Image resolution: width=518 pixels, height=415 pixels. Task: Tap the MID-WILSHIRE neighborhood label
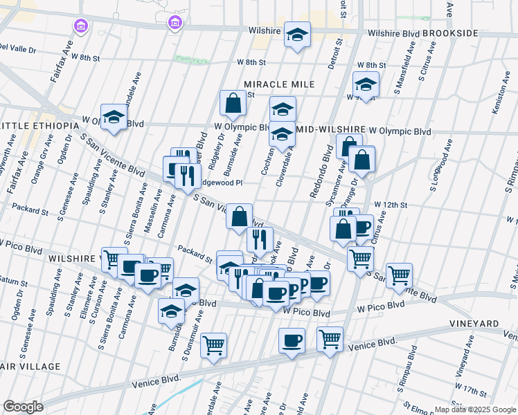tap(330, 129)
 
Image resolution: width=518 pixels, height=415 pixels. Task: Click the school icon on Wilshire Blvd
tap(298, 35)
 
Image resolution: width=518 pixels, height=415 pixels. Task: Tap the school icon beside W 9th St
tap(366, 85)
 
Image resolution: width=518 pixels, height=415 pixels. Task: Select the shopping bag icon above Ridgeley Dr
tap(233, 103)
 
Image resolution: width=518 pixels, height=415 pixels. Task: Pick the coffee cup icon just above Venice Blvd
tap(292, 341)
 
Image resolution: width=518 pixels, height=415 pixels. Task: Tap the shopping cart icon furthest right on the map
tap(400, 276)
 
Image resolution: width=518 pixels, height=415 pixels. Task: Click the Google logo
tap(23, 407)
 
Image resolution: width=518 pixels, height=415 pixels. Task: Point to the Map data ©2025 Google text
tap(475, 409)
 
